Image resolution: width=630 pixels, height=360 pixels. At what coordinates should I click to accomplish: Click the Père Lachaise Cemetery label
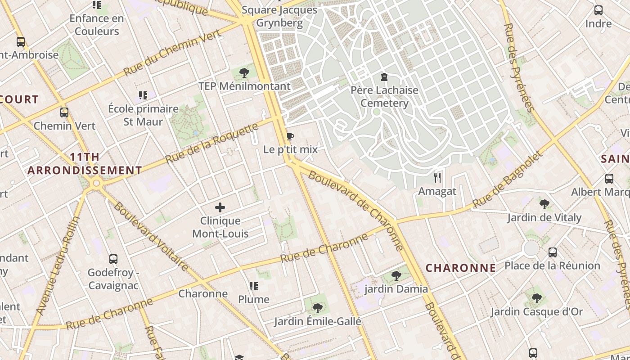384,97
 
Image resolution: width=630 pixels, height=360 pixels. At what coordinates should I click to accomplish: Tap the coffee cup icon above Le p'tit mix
290,137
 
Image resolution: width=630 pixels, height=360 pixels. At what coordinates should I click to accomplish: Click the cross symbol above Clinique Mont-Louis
220,207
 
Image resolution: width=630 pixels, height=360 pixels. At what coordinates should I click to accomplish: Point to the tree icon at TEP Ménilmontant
244,72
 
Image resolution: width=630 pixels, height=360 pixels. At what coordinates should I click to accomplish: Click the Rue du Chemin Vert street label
173,53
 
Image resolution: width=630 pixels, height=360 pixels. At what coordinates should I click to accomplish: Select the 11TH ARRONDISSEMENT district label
85,164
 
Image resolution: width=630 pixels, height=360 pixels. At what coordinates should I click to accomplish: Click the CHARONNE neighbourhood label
461,268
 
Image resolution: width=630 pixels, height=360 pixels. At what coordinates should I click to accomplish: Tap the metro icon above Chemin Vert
64,112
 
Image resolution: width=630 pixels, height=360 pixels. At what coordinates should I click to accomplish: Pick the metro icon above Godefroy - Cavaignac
113,259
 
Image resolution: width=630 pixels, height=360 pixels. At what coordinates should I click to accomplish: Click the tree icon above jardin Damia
396,275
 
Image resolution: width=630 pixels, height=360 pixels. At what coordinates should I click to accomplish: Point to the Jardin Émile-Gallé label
318,321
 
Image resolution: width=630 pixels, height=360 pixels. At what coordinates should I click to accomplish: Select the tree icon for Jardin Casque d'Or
536,298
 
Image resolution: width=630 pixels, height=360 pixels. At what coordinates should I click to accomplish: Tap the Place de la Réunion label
552,265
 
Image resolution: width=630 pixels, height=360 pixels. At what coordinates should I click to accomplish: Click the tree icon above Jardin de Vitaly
544,204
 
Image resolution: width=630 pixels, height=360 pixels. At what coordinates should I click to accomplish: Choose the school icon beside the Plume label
254,286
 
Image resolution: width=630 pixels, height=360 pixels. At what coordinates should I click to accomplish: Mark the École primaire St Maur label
143,115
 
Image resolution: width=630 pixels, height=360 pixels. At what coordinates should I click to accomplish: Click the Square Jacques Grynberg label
286,16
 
